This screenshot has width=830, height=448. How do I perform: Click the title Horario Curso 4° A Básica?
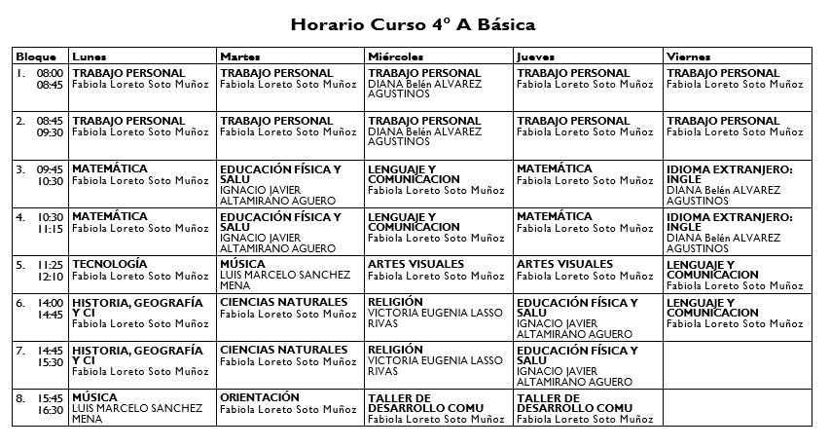tap(414, 23)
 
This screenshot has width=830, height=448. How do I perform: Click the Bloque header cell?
tap(37, 56)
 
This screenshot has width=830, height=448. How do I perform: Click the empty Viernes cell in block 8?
tap(735, 408)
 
